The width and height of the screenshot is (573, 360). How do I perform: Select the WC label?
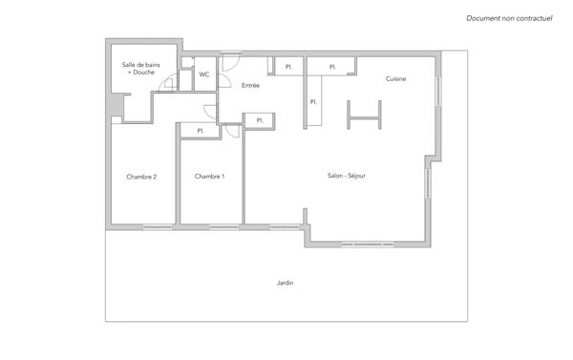[204, 74]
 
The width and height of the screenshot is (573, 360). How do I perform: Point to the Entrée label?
[250, 85]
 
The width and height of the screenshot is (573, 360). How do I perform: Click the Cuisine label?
[396, 78]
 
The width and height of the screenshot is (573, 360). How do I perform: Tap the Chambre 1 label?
[209, 177]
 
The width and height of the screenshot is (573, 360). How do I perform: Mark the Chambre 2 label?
[141, 177]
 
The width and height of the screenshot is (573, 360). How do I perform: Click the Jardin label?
[285, 283]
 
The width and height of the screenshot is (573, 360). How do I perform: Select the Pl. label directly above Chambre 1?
[201, 131]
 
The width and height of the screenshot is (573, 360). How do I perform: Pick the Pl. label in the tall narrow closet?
[313, 102]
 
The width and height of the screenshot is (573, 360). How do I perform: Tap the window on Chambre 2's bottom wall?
[158, 226]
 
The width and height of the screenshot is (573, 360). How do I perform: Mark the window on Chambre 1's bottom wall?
[224, 226]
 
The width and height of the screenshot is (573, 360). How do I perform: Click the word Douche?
[143, 73]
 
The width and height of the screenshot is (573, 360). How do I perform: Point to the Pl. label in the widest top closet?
[332, 67]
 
